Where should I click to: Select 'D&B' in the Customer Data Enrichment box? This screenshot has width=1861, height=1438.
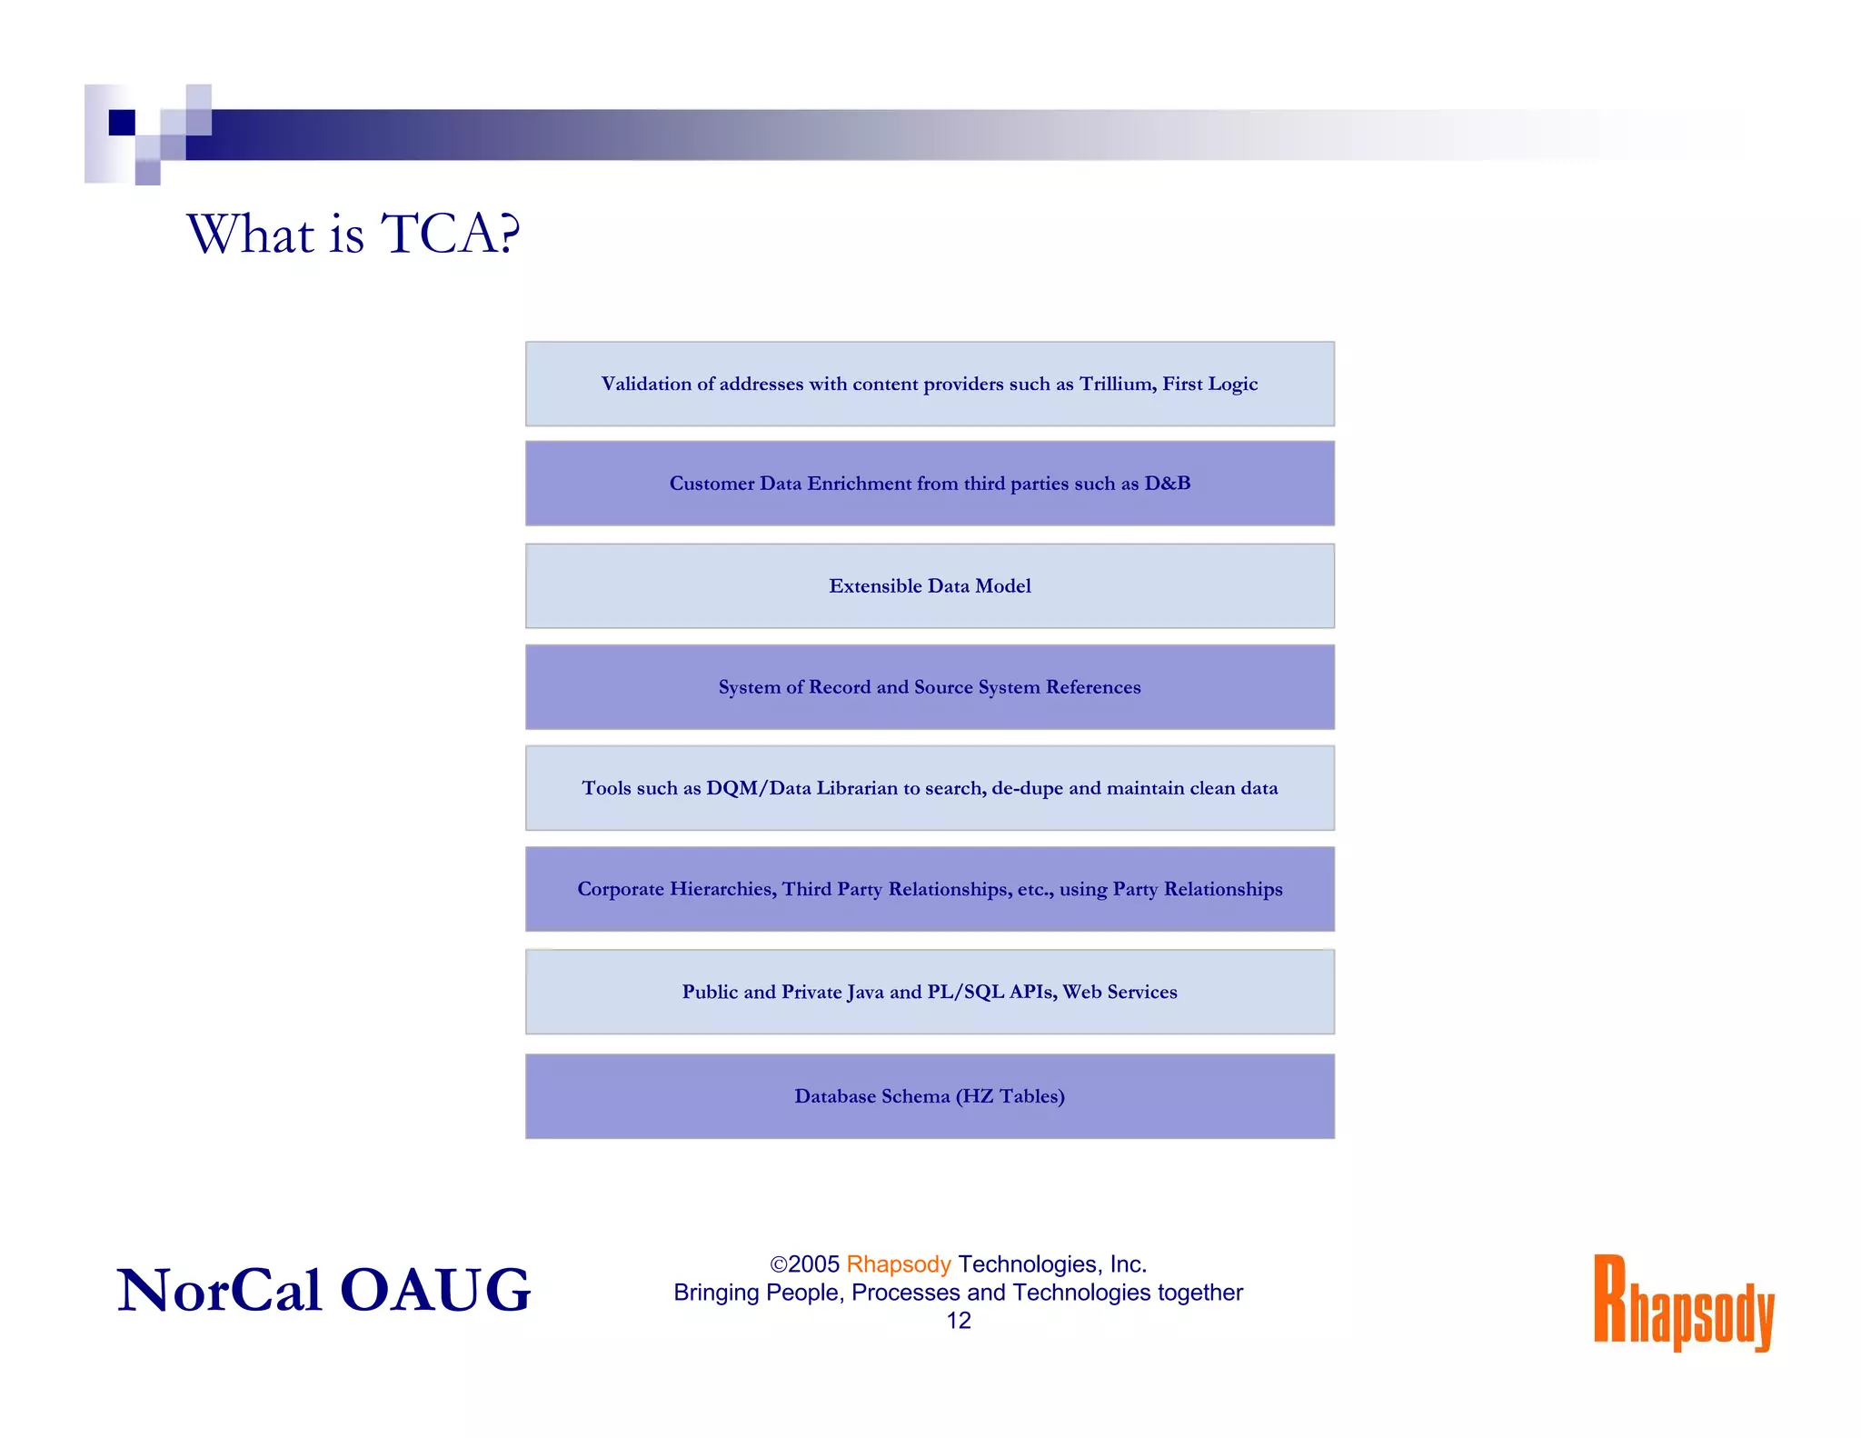pos(1168,484)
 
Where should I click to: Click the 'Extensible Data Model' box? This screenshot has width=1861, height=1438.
pos(930,586)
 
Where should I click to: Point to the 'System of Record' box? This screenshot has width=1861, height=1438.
pos(930,687)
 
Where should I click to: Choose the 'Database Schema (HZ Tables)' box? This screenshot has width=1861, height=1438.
pos(930,1096)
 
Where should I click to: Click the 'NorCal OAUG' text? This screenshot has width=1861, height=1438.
pos(323,1290)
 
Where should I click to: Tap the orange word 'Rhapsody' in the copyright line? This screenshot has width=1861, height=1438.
pos(898,1264)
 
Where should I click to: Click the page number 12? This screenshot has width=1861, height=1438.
pos(959,1321)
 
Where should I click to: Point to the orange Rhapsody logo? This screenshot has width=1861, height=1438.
pos(1684,1303)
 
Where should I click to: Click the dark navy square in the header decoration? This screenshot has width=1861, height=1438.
pos(122,122)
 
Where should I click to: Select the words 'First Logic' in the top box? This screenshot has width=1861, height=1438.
pos(1210,384)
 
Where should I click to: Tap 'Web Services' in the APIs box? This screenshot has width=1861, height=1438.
pos(1120,992)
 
